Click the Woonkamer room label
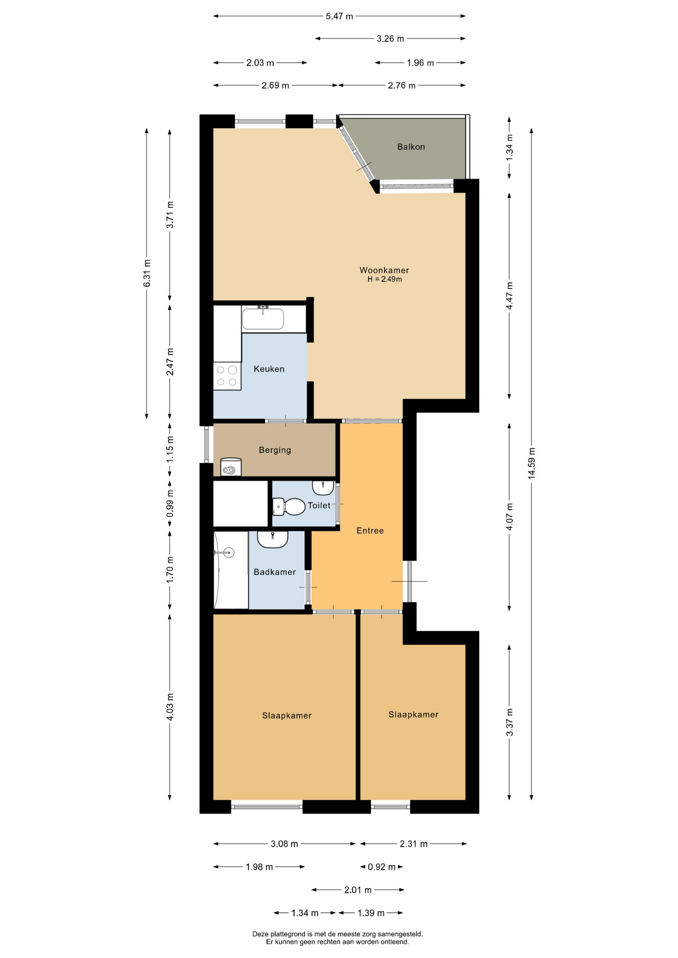(x=384, y=270)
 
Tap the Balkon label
(x=411, y=147)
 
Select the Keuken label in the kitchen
(x=269, y=369)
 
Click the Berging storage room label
(x=275, y=450)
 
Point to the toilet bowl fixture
(x=289, y=506)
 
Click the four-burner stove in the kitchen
(x=227, y=376)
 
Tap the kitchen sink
(x=263, y=318)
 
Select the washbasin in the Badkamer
(x=273, y=539)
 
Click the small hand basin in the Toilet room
(x=323, y=487)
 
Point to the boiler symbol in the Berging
(x=231, y=468)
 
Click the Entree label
(x=370, y=530)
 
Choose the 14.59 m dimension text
(x=531, y=462)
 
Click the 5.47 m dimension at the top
(x=339, y=16)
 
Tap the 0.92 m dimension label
(x=381, y=867)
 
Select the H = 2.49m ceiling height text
(x=384, y=279)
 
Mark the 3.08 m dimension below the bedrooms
(x=285, y=844)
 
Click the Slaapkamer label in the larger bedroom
(x=287, y=716)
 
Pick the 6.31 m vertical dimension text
(x=147, y=273)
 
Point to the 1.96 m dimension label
(x=420, y=63)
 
